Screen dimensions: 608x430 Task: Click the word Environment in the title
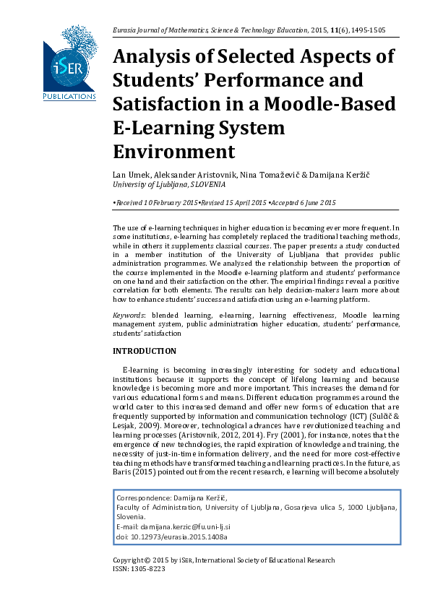click(174, 152)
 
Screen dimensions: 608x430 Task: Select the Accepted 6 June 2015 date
click(304, 204)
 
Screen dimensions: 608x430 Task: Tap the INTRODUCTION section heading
click(145, 352)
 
